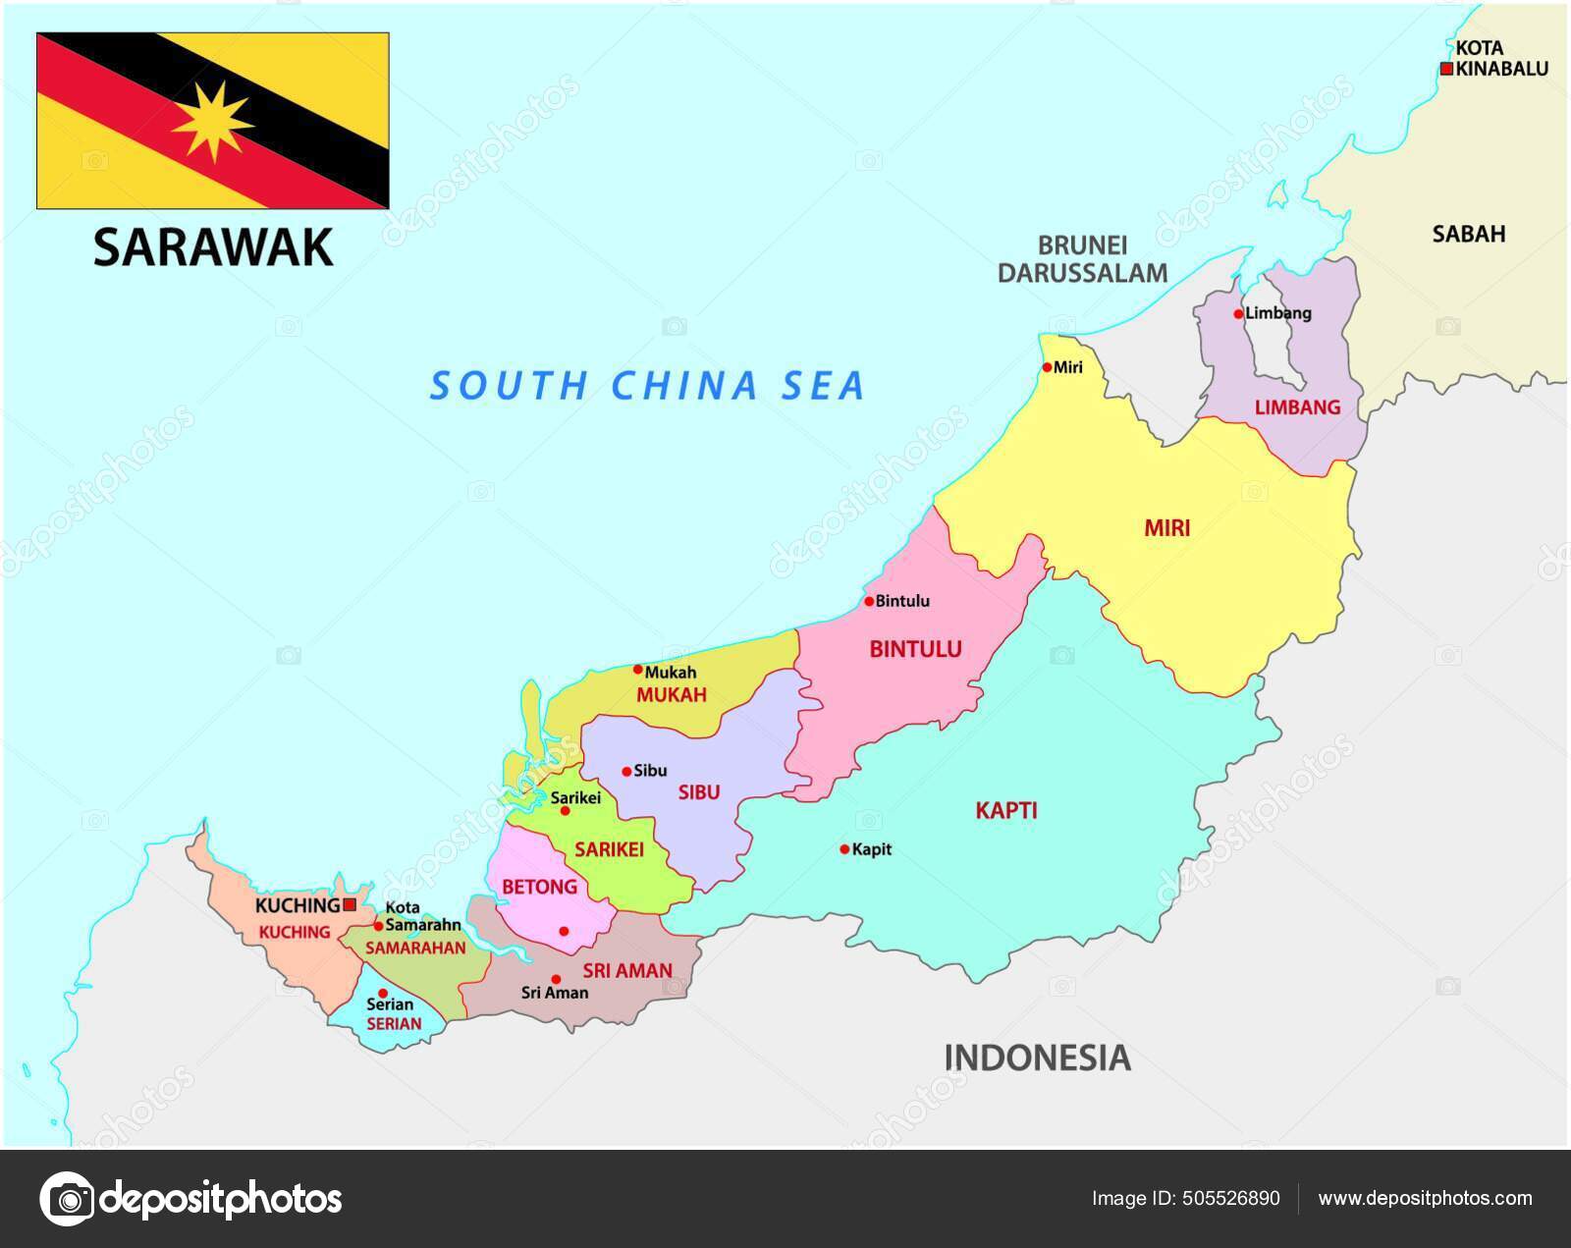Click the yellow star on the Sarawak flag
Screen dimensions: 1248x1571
(212, 121)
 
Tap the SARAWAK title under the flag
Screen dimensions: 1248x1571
(213, 247)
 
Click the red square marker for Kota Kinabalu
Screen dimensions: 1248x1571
(1446, 69)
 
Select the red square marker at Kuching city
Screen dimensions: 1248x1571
(350, 904)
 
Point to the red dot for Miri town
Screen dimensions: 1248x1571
(1047, 367)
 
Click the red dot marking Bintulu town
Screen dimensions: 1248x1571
(869, 601)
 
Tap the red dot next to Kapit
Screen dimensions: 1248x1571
(844, 849)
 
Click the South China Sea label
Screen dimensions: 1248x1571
(648, 385)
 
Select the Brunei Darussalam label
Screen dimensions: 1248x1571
(1083, 259)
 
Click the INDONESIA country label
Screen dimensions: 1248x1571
(1037, 1058)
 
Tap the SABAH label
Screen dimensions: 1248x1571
(1468, 234)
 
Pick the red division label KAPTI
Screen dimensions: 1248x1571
(1006, 811)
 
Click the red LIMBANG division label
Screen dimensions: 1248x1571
(1297, 407)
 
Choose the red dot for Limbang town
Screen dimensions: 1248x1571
(1239, 314)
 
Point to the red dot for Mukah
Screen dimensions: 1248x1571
(637, 671)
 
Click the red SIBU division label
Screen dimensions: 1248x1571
(699, 792)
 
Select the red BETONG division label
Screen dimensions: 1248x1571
(539, 888)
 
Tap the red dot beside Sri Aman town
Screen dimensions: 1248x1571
(556, 979)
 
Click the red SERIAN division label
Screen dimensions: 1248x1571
(394, 1023)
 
